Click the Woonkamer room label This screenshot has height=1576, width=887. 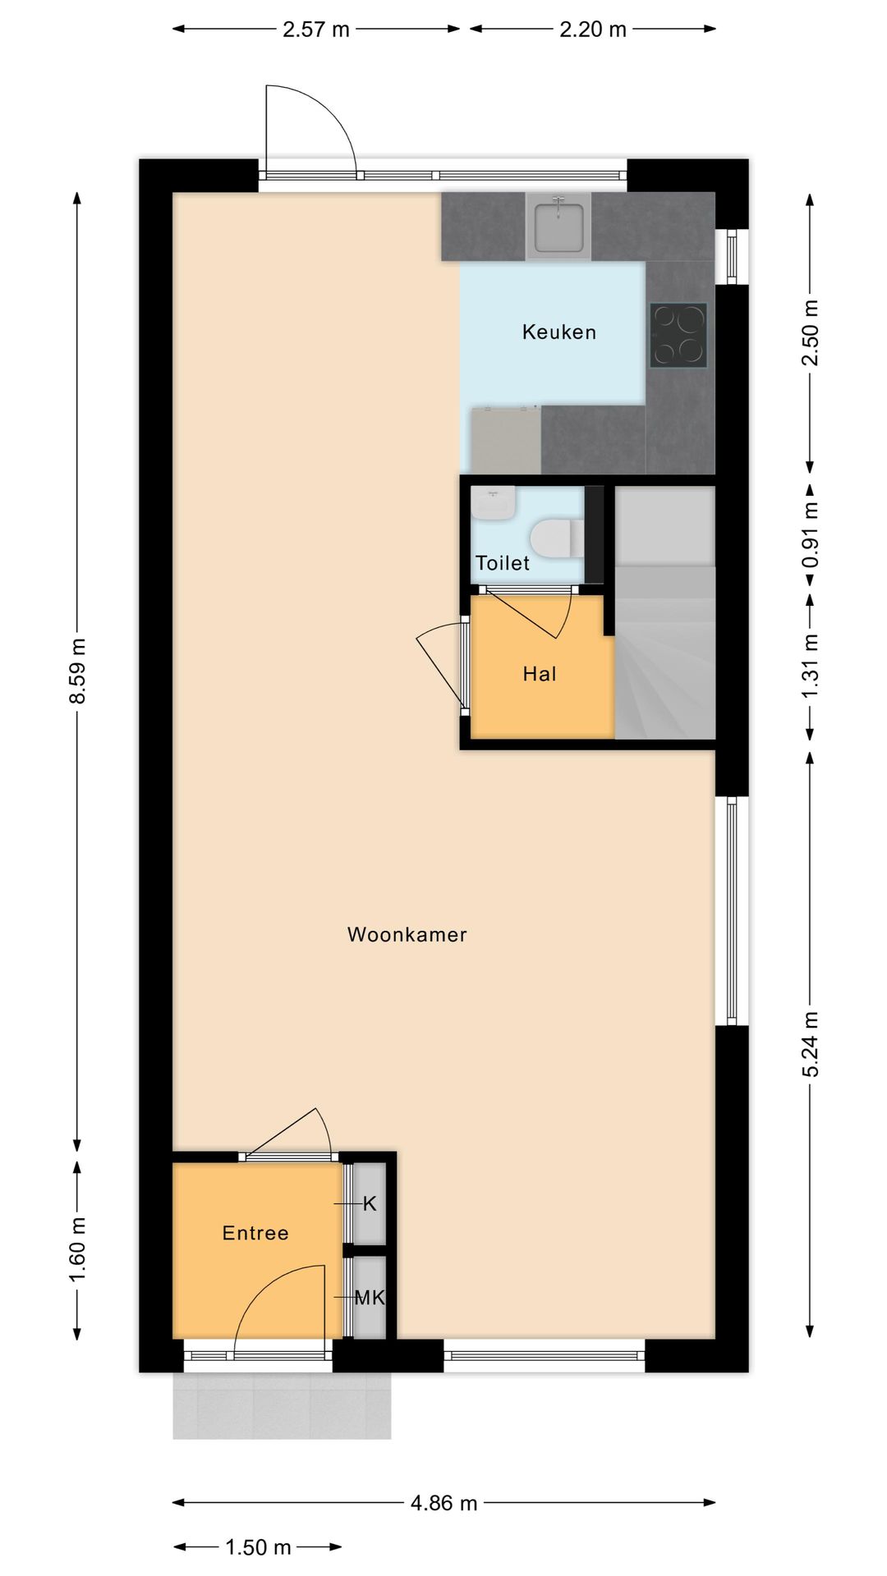(407, 934)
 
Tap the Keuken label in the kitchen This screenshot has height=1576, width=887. (558, 332)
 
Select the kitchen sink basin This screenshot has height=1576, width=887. (558, 227)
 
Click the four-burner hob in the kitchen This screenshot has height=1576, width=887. (678, 335)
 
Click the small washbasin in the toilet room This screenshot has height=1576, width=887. (494, 502)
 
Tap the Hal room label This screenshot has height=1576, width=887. (540, 674)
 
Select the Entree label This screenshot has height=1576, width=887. (255, 1233)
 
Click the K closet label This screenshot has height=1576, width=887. (370, 1203)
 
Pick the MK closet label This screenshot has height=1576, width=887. (370, 1298)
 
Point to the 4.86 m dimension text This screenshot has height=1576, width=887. (443, 1503)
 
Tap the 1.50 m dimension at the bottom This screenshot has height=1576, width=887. (258, 1547)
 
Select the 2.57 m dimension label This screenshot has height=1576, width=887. (316, 30)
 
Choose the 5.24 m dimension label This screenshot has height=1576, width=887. (811, 1044)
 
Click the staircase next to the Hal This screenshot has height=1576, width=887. (665, 648)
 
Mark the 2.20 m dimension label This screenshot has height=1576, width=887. (593, 30)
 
